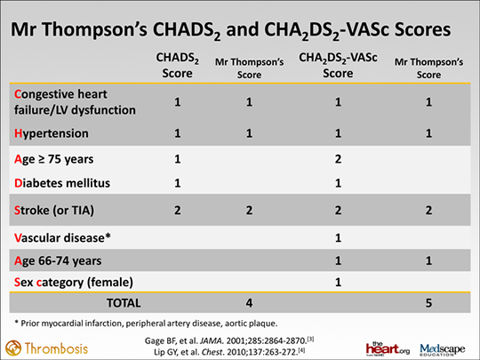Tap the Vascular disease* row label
click(x=60, y=238)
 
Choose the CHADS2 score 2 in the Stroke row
click(x=177, y=212)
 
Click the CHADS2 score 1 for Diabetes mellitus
click(x=177, y=183)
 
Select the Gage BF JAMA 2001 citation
click(x=239, y=338)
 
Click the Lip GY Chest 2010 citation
click(x=240, y=351)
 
